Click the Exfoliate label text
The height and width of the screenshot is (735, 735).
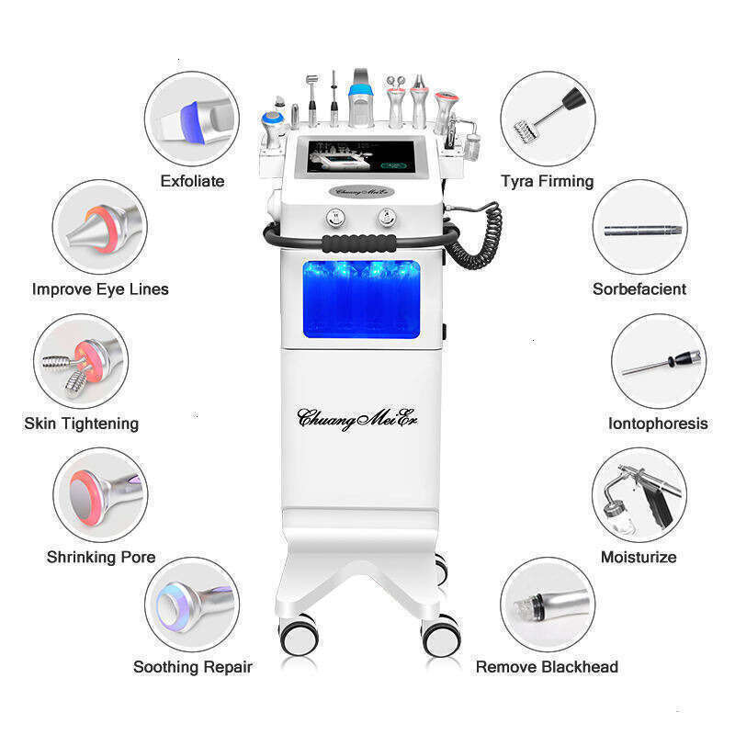pyautogui.click(x=192, y=181)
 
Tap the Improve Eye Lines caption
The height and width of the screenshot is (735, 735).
pyautogui.click(x=100, y=289)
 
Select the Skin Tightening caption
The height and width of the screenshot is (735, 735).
pyautogui.click(x=81, y=424)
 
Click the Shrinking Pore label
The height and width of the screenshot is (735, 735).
pyautogui.click(x=101, y=557)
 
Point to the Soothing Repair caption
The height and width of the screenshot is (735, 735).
pyautogui.click(x=192, y=667)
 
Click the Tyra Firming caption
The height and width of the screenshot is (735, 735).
pyautogui.click(x=547, y=181)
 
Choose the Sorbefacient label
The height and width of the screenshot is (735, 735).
pyautogui.click(x=639, y=289)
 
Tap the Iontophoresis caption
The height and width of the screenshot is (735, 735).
pyautogui.click(x=658, y=424)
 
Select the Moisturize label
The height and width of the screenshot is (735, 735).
pyautogui.click(x=639, y=557)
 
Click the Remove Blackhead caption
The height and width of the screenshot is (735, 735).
pyautogui.click(x=547, y=667)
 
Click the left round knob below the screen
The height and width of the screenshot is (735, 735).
pyautogui.click(x=337, y=218)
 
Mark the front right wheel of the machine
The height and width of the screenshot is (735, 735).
pyautogui.click(x=440, y=635)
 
